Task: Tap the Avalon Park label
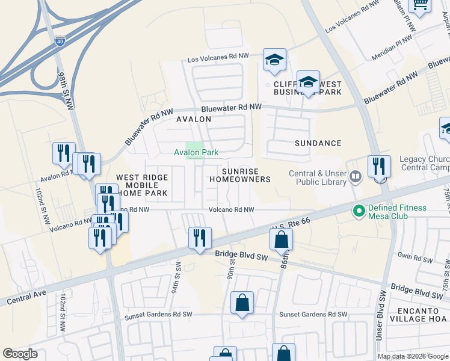click(196, 153)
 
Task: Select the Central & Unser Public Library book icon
click(356, 176)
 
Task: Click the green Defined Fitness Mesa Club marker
click(359, 211)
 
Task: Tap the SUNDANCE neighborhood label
click(318, 143)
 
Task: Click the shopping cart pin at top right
click(420, 5)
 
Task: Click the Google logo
click(20, 353)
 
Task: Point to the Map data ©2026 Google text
click(412, 356)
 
